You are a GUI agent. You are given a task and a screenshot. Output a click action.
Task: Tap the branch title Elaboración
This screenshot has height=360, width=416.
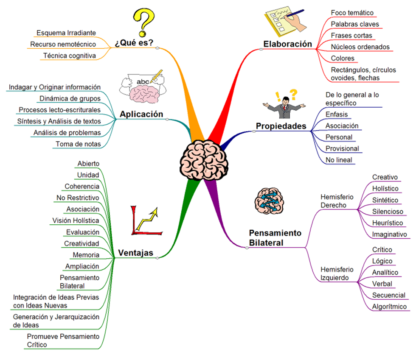click(287, 44)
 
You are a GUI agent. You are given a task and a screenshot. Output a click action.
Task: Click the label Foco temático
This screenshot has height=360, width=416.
click(352, 13)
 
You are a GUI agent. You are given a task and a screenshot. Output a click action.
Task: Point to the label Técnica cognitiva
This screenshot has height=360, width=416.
click(69, 56)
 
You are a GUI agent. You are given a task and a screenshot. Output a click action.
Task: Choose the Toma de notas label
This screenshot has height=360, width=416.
click(78, 144)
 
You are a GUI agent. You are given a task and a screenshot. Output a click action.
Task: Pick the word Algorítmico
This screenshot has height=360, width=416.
click(389, 307)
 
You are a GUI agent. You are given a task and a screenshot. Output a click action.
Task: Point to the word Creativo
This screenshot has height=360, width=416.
click(385, 177)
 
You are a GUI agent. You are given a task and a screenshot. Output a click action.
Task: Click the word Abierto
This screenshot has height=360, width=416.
click(88, 164)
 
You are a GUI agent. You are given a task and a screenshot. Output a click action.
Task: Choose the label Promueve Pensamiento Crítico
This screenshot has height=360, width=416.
click(63, 340)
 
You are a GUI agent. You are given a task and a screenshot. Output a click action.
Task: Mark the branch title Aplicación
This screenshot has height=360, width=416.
click(141, 114)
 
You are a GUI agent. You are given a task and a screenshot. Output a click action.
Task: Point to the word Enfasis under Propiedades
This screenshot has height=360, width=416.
click(336, 114)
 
